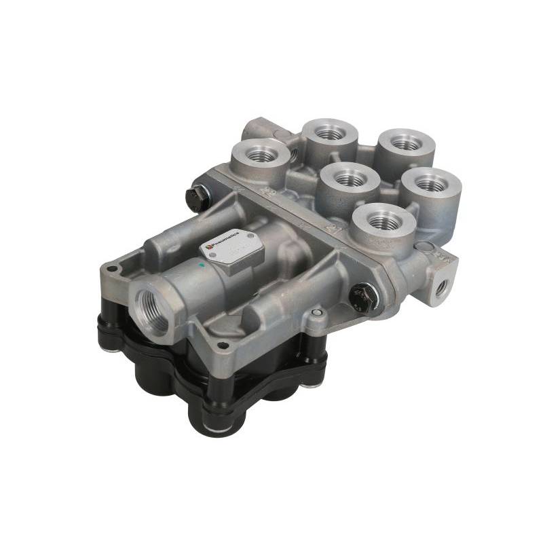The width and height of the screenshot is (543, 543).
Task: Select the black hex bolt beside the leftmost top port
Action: [195, 196]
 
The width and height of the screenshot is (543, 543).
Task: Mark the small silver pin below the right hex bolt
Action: [315, 313]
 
